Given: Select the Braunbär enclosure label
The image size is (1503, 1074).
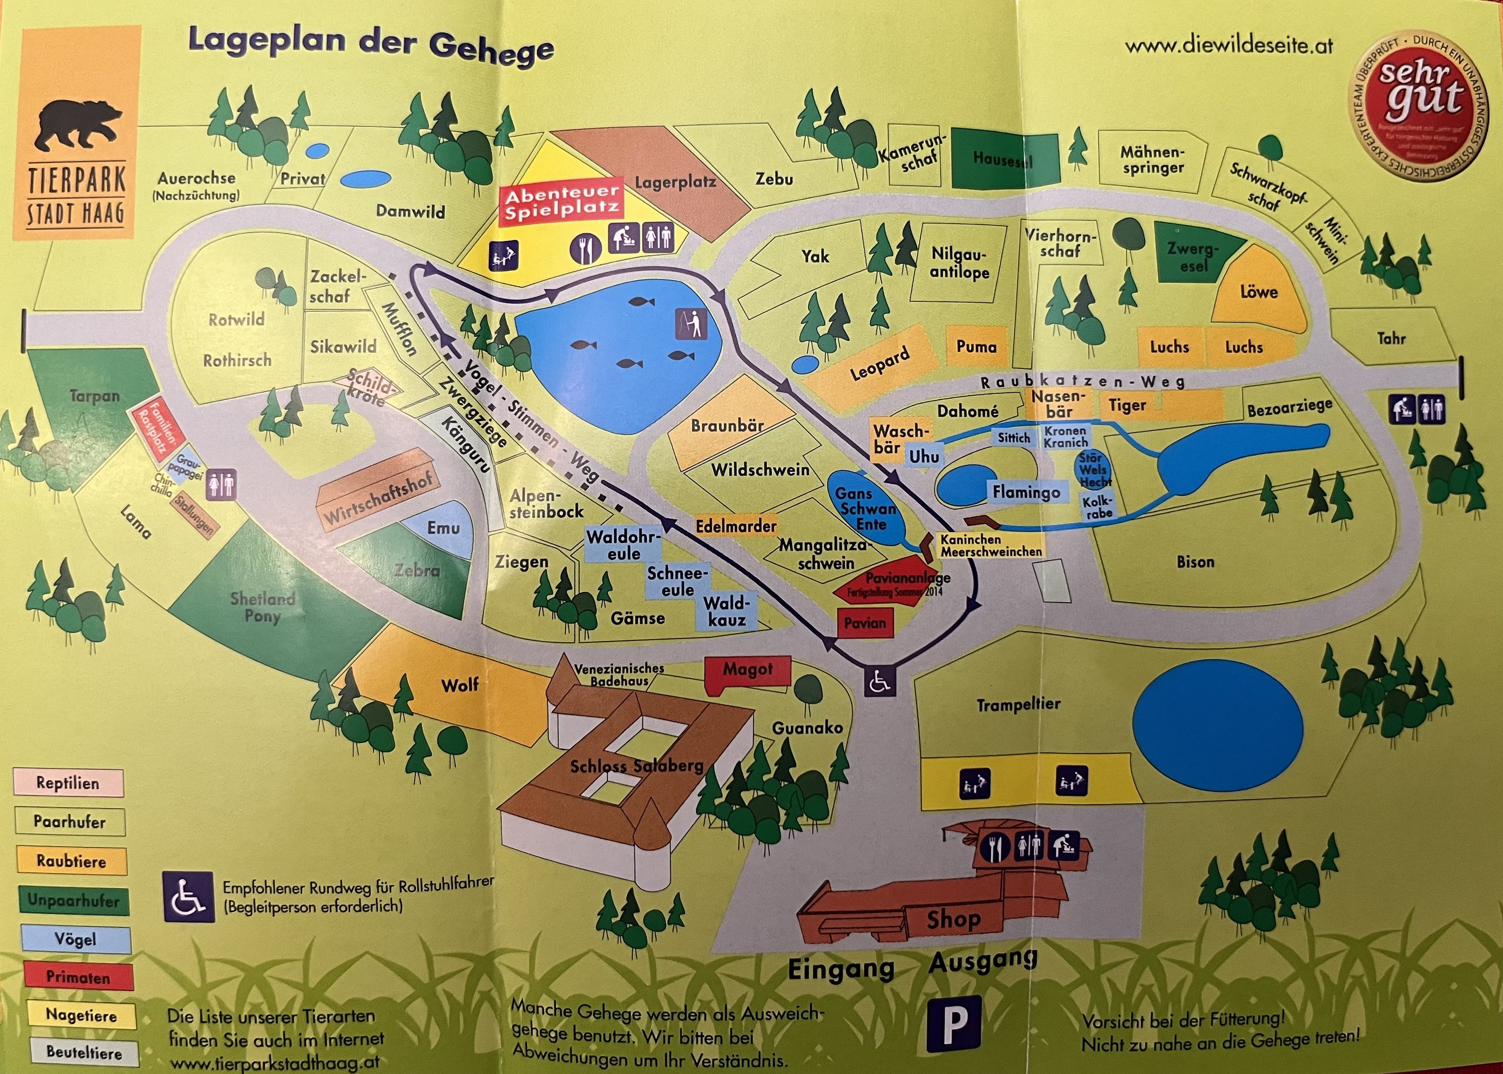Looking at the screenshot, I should [x=727, y=425].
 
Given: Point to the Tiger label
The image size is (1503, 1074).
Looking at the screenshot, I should [x=1128, y=405].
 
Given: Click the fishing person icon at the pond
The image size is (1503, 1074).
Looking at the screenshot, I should [x=691, y=323].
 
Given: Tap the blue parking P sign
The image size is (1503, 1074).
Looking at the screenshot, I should [x=953, y=1023].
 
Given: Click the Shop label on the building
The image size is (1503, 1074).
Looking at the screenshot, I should [x=953, y=918].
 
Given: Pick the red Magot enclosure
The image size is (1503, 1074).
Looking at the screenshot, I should [x=747, y=671].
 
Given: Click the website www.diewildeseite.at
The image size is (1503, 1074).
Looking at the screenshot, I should [x=1229, y=46].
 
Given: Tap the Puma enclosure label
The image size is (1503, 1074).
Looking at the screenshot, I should [x=976, y=347].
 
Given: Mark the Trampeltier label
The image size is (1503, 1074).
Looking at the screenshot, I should [x=1018, y=705].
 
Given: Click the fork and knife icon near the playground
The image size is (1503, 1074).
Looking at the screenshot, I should [x=585, y=248].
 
